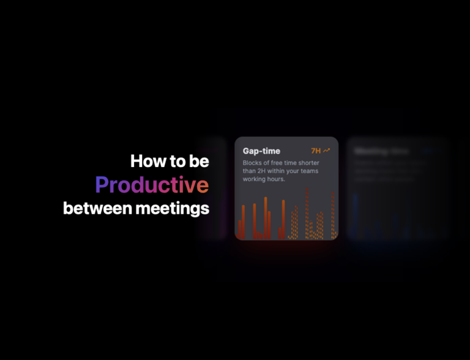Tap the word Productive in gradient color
pyautogui.click(x=152, y=185)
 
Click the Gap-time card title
pyautogui.click(x=261, y=151)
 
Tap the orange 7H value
pyautogui.click(x=316, y=151)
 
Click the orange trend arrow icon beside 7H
pyautogui.click(x=327, y=150)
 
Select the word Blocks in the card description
pyautogui.click(x=253, y=163)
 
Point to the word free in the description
pyautogui.click(x=278, y=163)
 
